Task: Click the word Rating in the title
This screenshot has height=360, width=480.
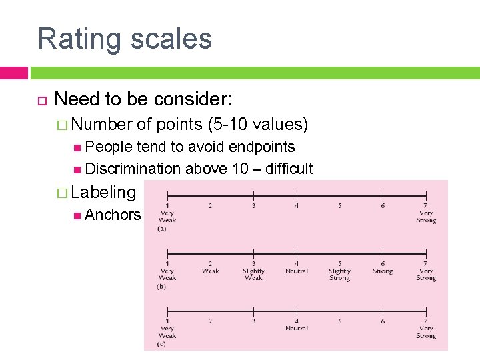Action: pyautogui.click(x=79, y=39)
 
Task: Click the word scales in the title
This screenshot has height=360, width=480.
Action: pyautogui.click(x=170, y=39)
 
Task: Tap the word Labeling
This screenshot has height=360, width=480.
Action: pyautogui.click(x=103, y=193)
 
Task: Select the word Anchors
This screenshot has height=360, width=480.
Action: pyautogui.click(x=113, y=215)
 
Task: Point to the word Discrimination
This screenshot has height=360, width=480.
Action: pyautogui.click(x=133, y=169)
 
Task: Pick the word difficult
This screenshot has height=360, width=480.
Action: pyautogui.click(x=289, y=169)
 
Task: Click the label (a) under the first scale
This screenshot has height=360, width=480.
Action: pyautogui.click(x=162, y=229)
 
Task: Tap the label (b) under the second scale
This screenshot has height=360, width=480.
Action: pyautogui.click(x=162, y=287)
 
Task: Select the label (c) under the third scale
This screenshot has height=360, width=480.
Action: pyautogui.click(x=162, y=344)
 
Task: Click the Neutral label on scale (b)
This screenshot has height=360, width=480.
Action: pyautogui.click(x=296, y=271)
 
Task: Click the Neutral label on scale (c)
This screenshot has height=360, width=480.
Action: pyautogui.click(x=296, y=329)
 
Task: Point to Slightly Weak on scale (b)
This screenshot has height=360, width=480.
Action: pyautogui.click(x=253, y=274)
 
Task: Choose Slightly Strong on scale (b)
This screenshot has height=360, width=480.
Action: pyautogui.click(x=339, y=274)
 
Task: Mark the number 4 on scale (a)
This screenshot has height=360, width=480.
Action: pyautogui.click(x=297, y=205)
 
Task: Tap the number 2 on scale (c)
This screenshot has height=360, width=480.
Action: pyautogui.click(x=210, y=321)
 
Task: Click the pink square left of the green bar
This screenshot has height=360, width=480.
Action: pyautogui.click(x=13, y=73)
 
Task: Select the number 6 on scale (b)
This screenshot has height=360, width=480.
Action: pyautogui.click(x=383, y=263)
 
